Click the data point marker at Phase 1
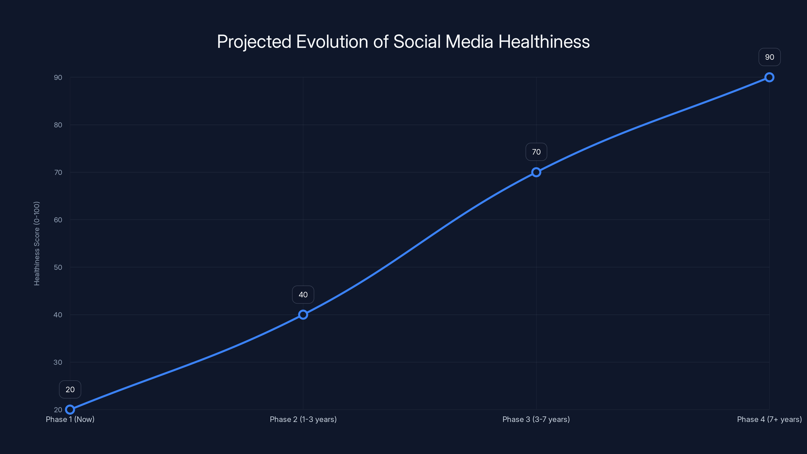(x=70, y=410)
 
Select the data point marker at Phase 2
(x=303, y=315)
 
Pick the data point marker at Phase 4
(x=769, y=77)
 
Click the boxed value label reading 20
(x=70, y=389)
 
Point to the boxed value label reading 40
(x=303, y=295)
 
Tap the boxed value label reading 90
(x=769, y=57)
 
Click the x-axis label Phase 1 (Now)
(x=70, y=419)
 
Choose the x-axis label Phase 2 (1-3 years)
(x=303, y=419)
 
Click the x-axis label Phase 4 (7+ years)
(x=769, y=419)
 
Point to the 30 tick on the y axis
(x=58, y=362)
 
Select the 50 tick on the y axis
(x=58, y=267)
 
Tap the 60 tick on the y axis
(x=58, y=220)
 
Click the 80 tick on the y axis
(x=58, y=125)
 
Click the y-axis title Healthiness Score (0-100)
(x=37, y=243)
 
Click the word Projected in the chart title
(x=254, y=42)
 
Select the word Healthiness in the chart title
(x=544, y=42)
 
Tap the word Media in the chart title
(x=469, y=42)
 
